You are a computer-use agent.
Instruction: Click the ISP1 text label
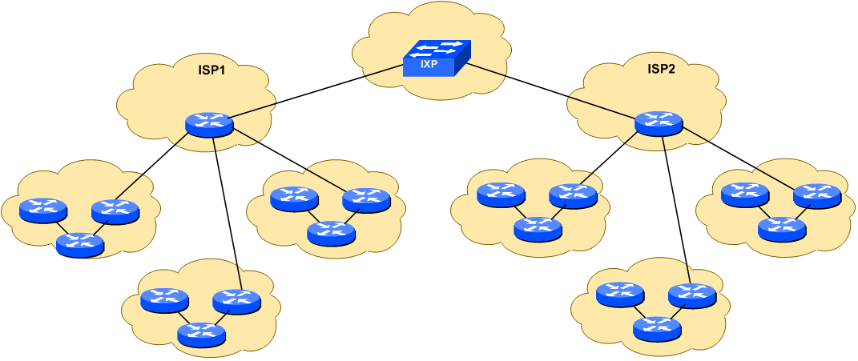point(211,70)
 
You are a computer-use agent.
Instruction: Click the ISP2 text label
point(661,70)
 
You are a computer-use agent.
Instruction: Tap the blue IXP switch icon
point(436,59)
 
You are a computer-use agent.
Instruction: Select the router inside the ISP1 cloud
point(209,124)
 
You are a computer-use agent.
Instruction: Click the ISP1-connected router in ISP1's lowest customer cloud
point(236,301)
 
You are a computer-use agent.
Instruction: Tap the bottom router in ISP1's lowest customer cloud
point(201,335)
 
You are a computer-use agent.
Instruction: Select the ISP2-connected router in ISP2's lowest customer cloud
point(691,295)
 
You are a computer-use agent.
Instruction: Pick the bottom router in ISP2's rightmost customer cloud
point(782,228)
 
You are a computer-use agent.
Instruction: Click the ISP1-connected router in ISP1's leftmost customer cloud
point(115,211)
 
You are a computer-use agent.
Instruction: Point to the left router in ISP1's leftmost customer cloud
point(43,211)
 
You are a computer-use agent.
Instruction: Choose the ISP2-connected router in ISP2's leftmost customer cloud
point(573,195)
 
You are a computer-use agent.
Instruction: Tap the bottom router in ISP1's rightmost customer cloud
point(331,232)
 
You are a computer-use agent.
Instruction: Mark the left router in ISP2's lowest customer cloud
point(620,295)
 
